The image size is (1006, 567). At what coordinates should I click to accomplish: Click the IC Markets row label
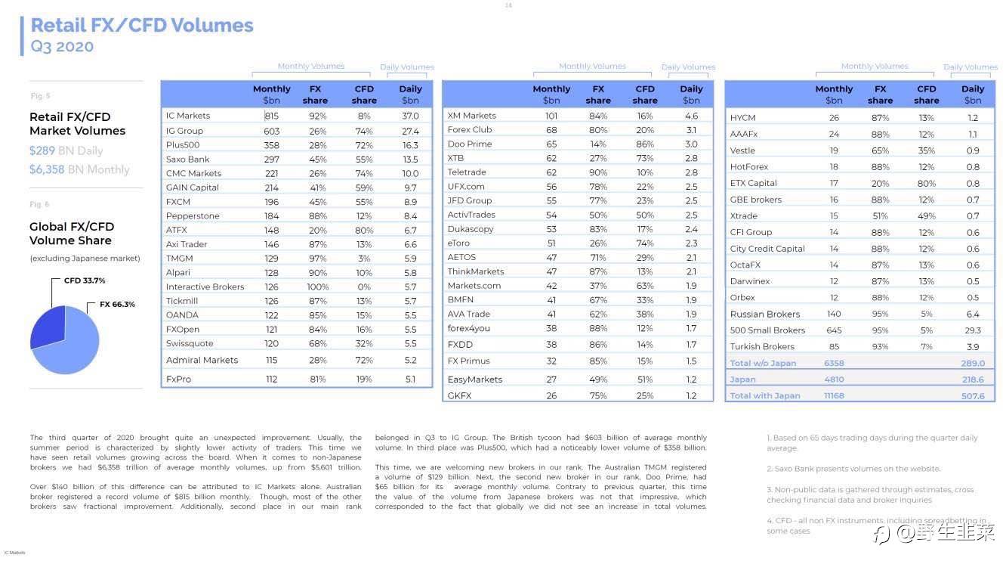coord(188,116)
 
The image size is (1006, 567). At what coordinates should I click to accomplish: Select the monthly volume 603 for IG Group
coord(271,131)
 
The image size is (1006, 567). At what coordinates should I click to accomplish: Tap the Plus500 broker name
coord(183,145)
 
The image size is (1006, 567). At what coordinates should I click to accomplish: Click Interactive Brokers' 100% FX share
coord(318,287)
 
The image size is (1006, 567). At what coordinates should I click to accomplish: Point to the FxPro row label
coord(178,380)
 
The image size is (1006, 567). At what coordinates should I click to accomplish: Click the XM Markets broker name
coord(472,116)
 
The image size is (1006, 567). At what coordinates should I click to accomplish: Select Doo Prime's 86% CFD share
coord(645,144)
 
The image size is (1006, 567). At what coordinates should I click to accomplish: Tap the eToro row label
coord(459,243)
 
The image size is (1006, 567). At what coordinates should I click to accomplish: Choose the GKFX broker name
coord(459,395)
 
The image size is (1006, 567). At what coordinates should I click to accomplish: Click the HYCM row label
coord(742,118)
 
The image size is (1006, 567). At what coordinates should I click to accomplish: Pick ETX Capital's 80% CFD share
coord(926,183)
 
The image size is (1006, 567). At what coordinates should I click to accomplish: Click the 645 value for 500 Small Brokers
coord(834,330)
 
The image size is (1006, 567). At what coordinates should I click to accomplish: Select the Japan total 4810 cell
coord(834,380)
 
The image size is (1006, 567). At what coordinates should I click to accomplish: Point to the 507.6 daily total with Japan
coord(973,396)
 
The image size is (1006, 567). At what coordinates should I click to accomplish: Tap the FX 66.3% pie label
coord(117,305)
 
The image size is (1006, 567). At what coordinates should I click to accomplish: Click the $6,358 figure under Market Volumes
coord(47,169)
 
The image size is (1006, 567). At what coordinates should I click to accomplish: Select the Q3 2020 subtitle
coord(62,47)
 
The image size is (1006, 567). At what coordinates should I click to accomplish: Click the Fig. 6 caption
coord(40,205)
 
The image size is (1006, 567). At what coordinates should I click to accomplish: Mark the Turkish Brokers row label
coord(762,347)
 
